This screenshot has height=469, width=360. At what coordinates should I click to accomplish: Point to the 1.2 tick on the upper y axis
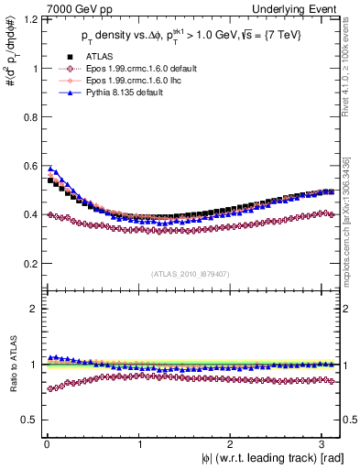pyautogui.click(x=28, y=19)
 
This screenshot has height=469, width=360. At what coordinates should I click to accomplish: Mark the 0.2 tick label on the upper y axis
pyautogui.click(x=28, y=264)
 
